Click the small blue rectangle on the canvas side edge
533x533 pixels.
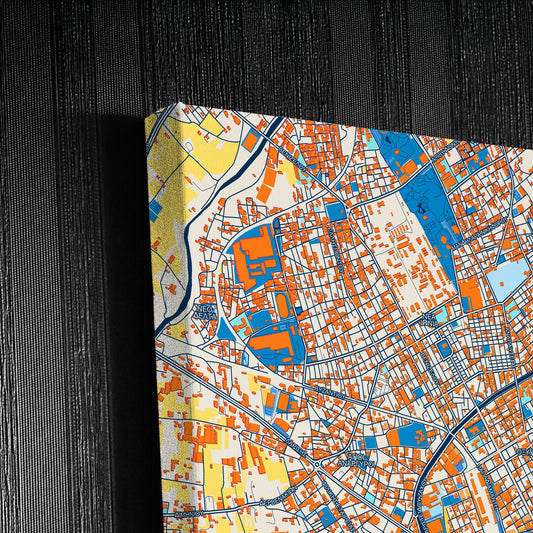pos(155,211)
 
